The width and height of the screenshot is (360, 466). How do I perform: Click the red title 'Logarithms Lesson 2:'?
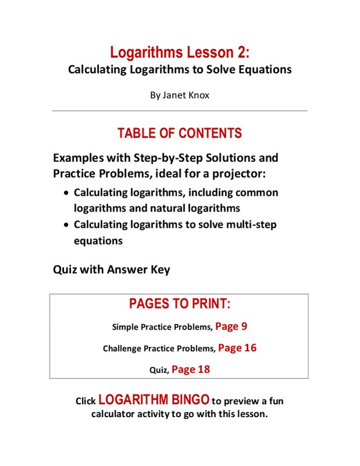coord(179,53)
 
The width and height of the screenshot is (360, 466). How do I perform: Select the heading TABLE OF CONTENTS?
coord(179,133)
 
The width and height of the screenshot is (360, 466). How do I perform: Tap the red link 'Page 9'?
coord(231,326)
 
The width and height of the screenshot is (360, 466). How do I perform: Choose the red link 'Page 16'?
coord(237,348)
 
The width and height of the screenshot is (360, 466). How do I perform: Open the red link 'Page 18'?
coord(190,369)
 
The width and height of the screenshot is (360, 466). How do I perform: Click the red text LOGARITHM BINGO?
coord(154,400)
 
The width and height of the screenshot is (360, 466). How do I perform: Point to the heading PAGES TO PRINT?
coord(179,303)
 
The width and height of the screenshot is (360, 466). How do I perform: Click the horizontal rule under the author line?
coord(179,111)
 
